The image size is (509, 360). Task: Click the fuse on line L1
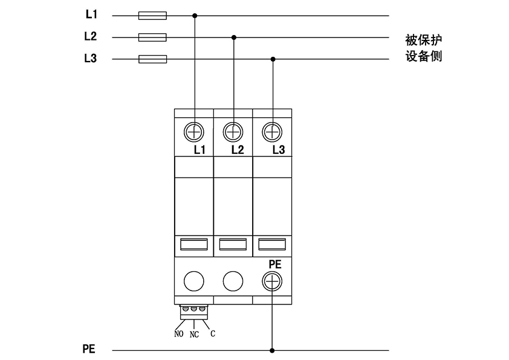click(x=152, y=16)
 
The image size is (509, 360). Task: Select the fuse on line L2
click(x=152, y=37)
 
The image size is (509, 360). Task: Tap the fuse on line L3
click(x=152, y=59)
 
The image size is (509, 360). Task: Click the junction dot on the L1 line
click(x=195, y=16)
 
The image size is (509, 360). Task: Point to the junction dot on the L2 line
click(x=234, y=37)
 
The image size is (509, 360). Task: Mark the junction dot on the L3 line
click(x=273, y=59)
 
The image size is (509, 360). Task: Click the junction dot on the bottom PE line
click(x=273, y=350)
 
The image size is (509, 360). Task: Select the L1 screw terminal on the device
click(x=195, y=131)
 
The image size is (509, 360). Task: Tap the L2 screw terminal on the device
click(x=233, y=131)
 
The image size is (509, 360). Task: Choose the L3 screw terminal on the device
click(x=273, y=131)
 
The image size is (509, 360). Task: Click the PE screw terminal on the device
click(x=273, y=281)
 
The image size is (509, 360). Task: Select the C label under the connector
click(x=213, y=333)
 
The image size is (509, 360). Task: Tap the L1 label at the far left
click(x=90, y=14)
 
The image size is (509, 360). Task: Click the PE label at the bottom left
click(x=89, y=350)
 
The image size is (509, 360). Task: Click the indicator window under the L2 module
click(x=233, y=244)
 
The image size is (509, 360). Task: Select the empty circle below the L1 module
click(x=195, y=281)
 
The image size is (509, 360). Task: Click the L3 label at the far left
click(x=90, y=59)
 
